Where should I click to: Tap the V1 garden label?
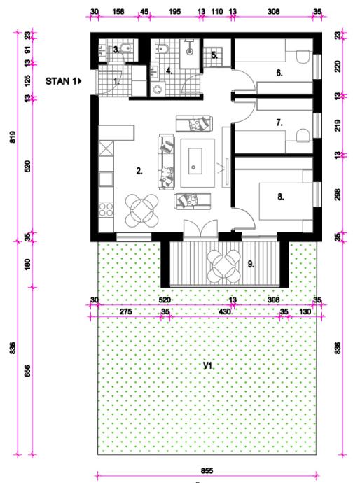point(208,365)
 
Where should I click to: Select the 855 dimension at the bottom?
point(207,470)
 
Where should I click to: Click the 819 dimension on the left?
point(13,136)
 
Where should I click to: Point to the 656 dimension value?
point(27,371)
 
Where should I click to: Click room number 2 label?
point(139,171)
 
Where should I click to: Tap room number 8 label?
point(280,197)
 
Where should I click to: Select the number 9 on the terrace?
point(251,264)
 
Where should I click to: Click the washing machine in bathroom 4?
point(158,89)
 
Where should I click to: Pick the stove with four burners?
point(106,209)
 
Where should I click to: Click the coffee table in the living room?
point(198,163)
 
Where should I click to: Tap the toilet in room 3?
point(127,49)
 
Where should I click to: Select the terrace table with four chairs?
point(223,267)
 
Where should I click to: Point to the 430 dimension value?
point(224,311)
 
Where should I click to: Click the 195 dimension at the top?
point(175,12)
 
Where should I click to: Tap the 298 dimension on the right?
point(338,195)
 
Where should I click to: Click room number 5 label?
point(214,56)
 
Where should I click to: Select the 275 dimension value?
point(126,311)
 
